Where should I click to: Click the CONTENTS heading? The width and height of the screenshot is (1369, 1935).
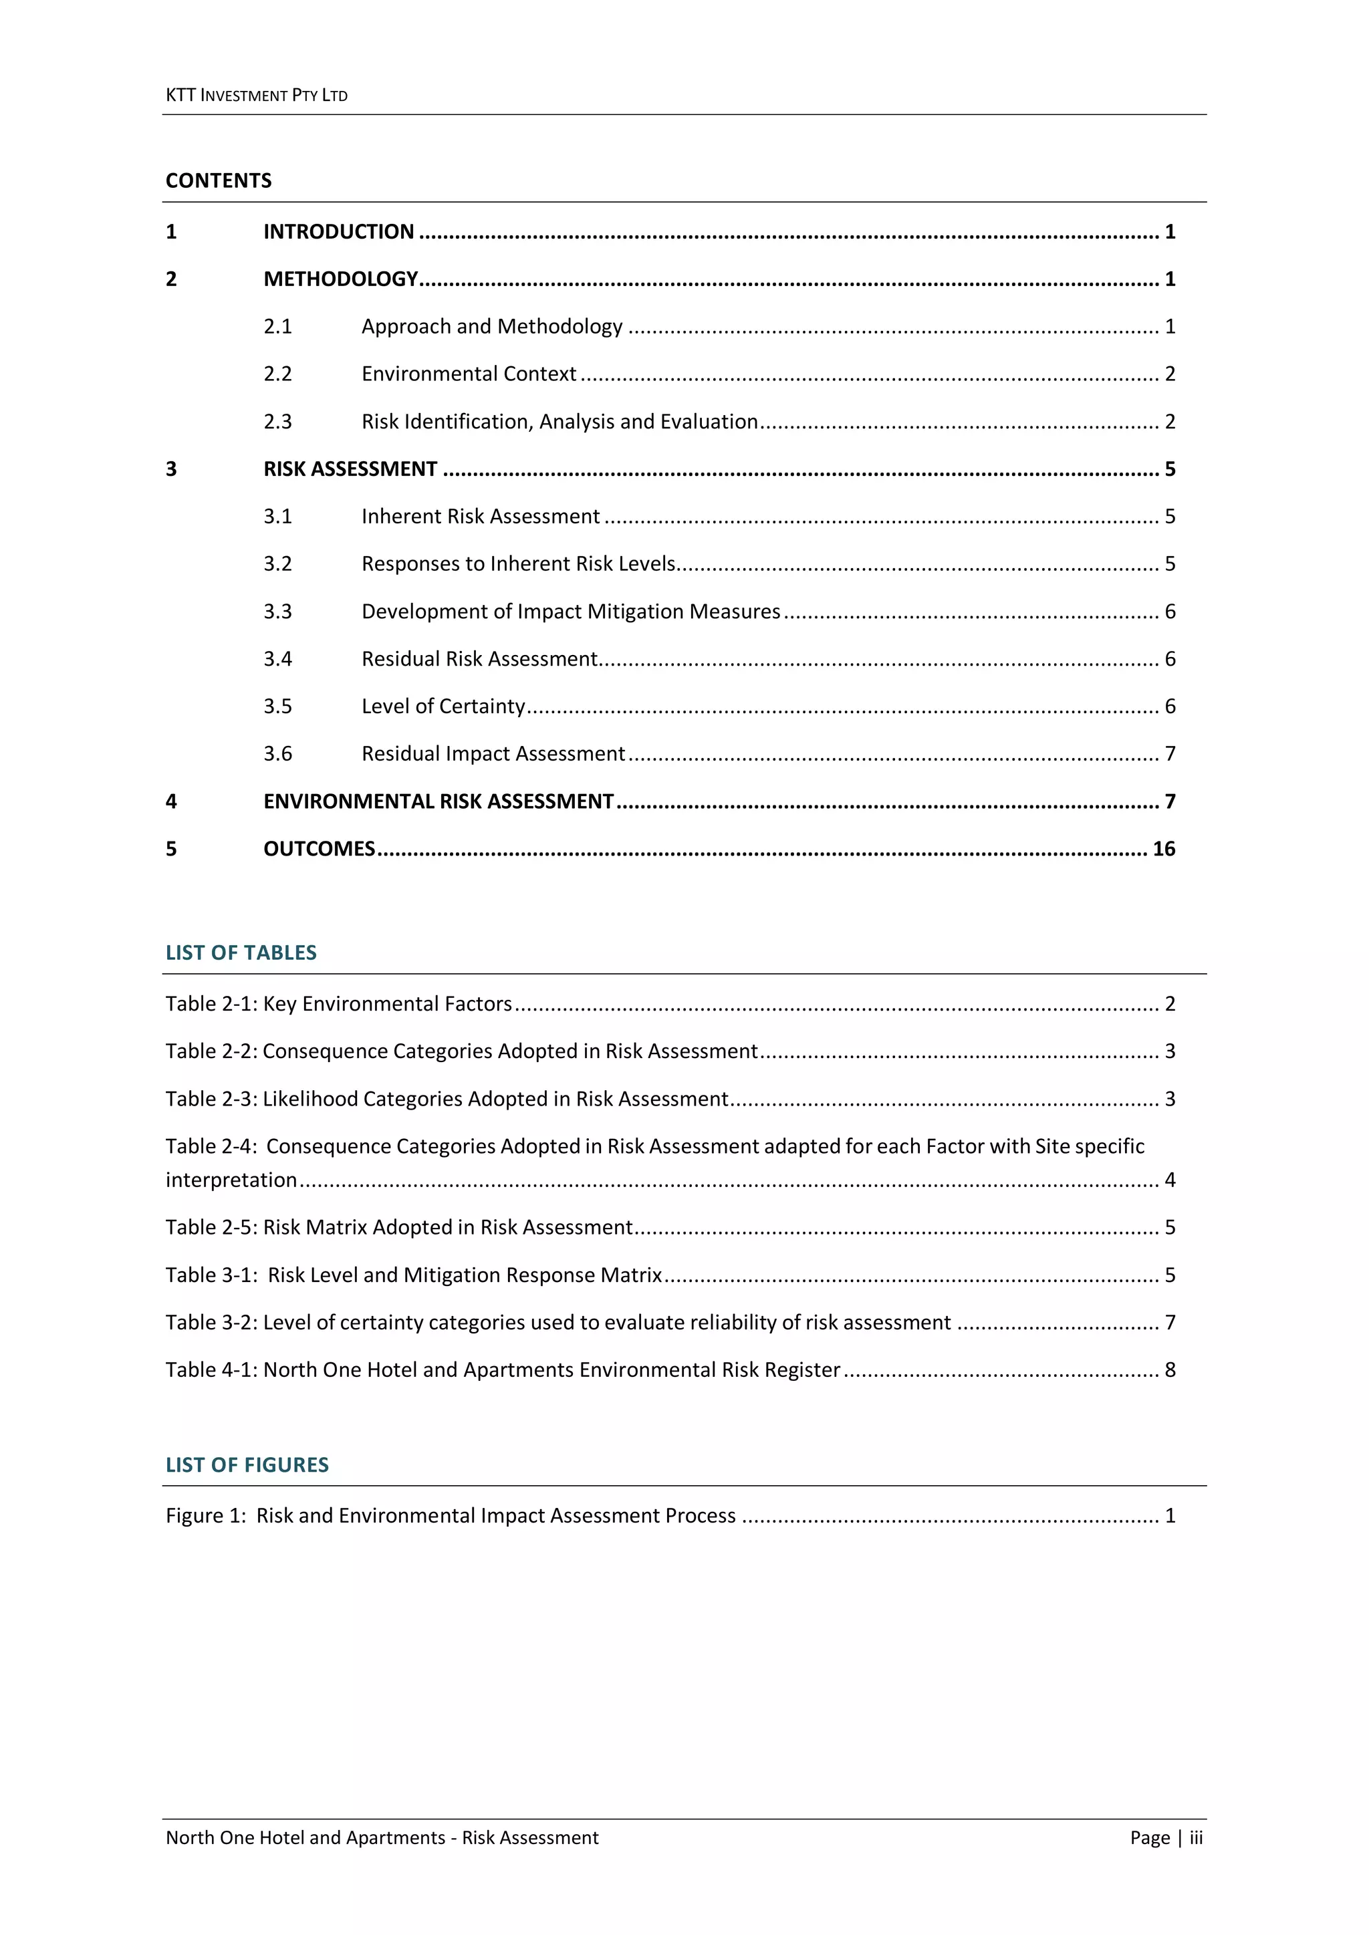tap(219, 180)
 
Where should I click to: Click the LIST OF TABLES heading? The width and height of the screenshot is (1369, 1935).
tap(241, 952)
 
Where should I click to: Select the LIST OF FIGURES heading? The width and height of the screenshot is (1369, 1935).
tap(247, 1464)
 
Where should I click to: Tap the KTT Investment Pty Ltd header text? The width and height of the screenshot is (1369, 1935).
tap(256, 95)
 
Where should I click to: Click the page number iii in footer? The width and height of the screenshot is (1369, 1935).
tap(1195, 1837)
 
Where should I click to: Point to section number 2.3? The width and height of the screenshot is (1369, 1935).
tap(277, 421)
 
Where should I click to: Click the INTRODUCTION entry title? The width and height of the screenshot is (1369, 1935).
tap(339, 232)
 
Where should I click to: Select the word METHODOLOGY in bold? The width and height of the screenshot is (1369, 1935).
tap(340, 279)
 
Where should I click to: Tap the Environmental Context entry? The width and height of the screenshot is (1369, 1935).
tap(469, 374)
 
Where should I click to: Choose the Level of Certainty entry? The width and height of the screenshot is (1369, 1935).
tap(443, 706)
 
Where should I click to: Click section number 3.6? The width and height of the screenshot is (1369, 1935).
tap(277, 753)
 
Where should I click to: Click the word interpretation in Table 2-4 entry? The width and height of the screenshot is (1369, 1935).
tap(231, 1180)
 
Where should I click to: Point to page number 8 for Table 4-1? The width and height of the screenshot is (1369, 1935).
tap(1170, 1370)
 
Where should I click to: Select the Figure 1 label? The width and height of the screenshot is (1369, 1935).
tap(206, 1515)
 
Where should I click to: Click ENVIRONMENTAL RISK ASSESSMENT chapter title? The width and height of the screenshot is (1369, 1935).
tap(439, 801)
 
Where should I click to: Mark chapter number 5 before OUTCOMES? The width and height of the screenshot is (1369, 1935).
tap(171, 849)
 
